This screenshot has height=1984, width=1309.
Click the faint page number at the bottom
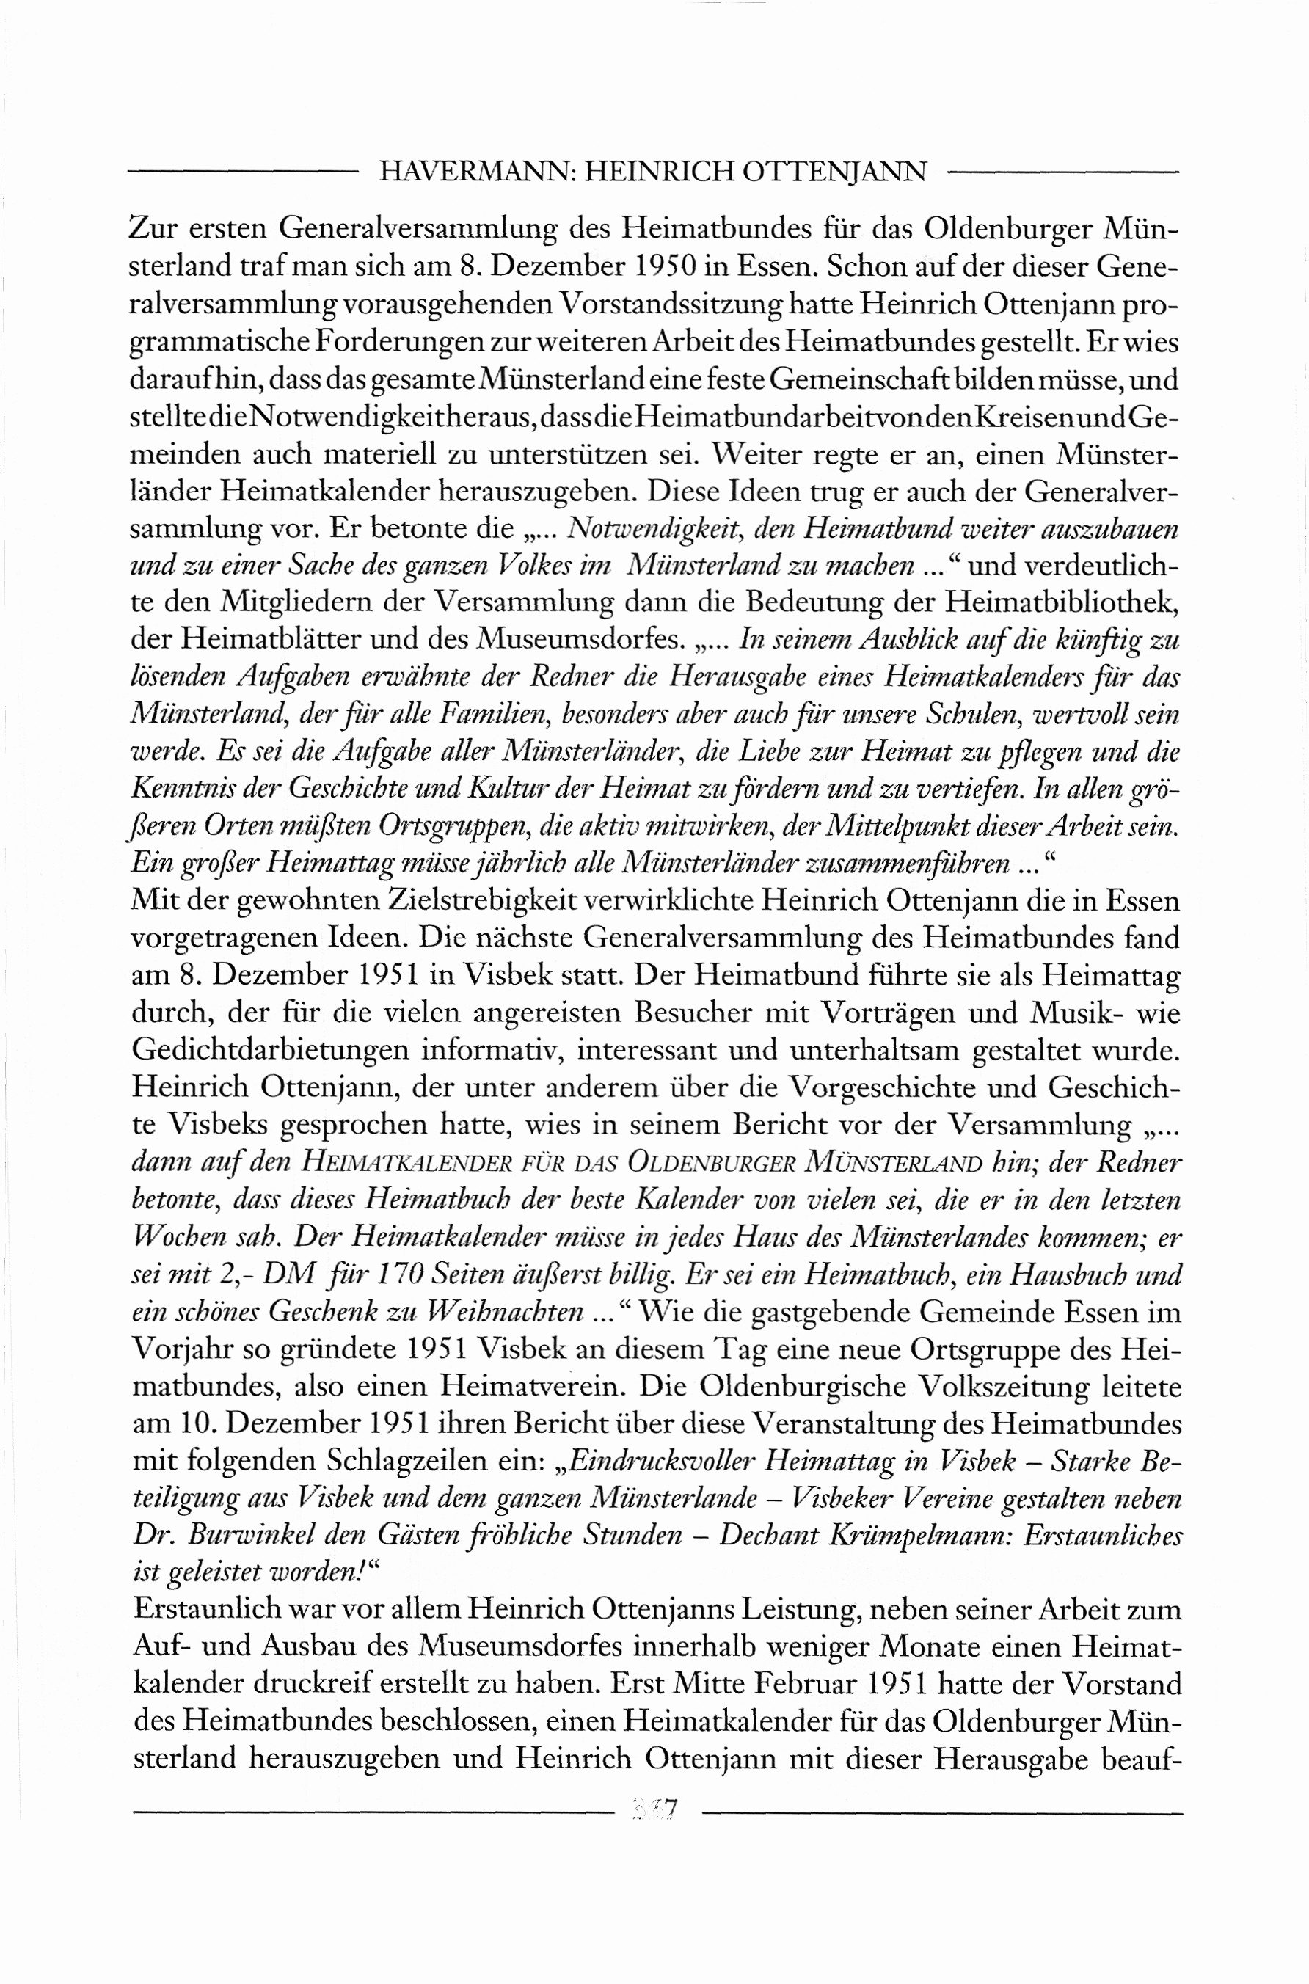point(656,1810)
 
